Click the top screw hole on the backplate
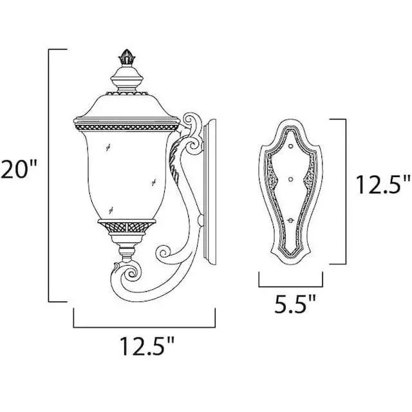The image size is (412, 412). [290, 145]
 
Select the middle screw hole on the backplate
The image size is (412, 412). [290, 179]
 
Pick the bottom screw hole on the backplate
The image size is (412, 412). [290, 220]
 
